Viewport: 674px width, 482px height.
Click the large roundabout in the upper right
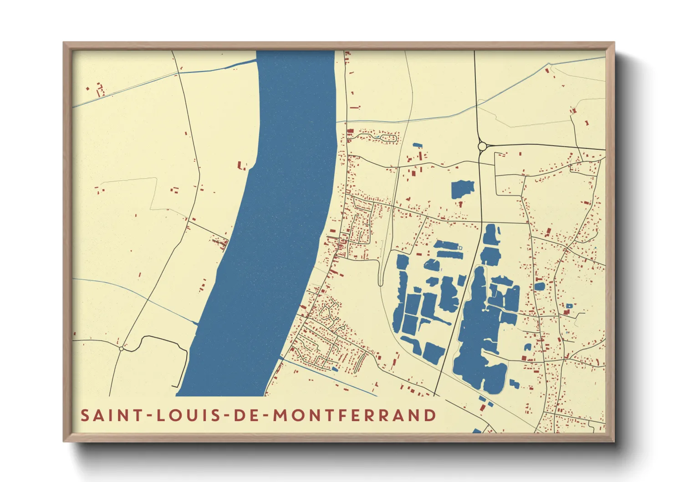coord(482,146)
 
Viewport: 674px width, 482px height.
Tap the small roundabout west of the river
coord(121,349)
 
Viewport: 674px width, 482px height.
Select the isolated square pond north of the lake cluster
coord(463,189)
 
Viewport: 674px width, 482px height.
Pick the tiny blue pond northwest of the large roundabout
coord(417,145)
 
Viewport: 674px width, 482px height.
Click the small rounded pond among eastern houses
coord(539,287)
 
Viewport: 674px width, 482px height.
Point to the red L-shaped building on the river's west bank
coord(242,165)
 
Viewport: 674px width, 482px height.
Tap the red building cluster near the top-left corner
coord(99,89)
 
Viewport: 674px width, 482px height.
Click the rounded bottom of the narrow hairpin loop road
coord(381,283)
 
